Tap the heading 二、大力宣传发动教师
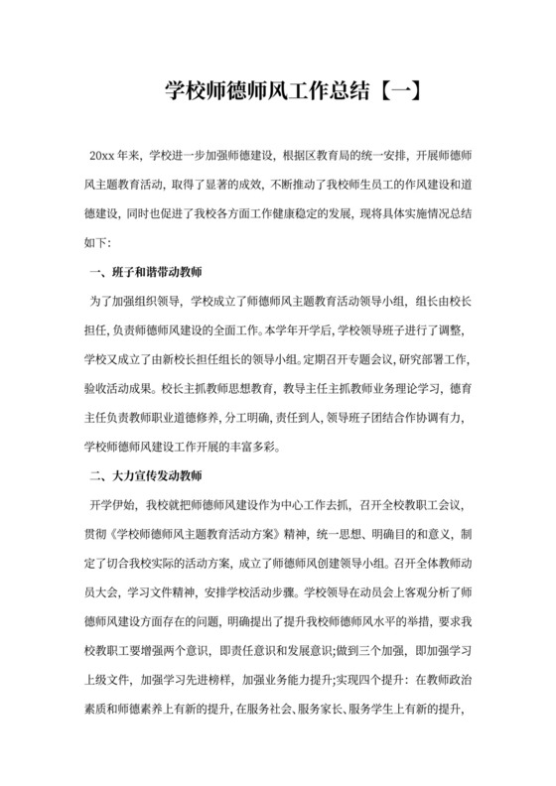(146, 476)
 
